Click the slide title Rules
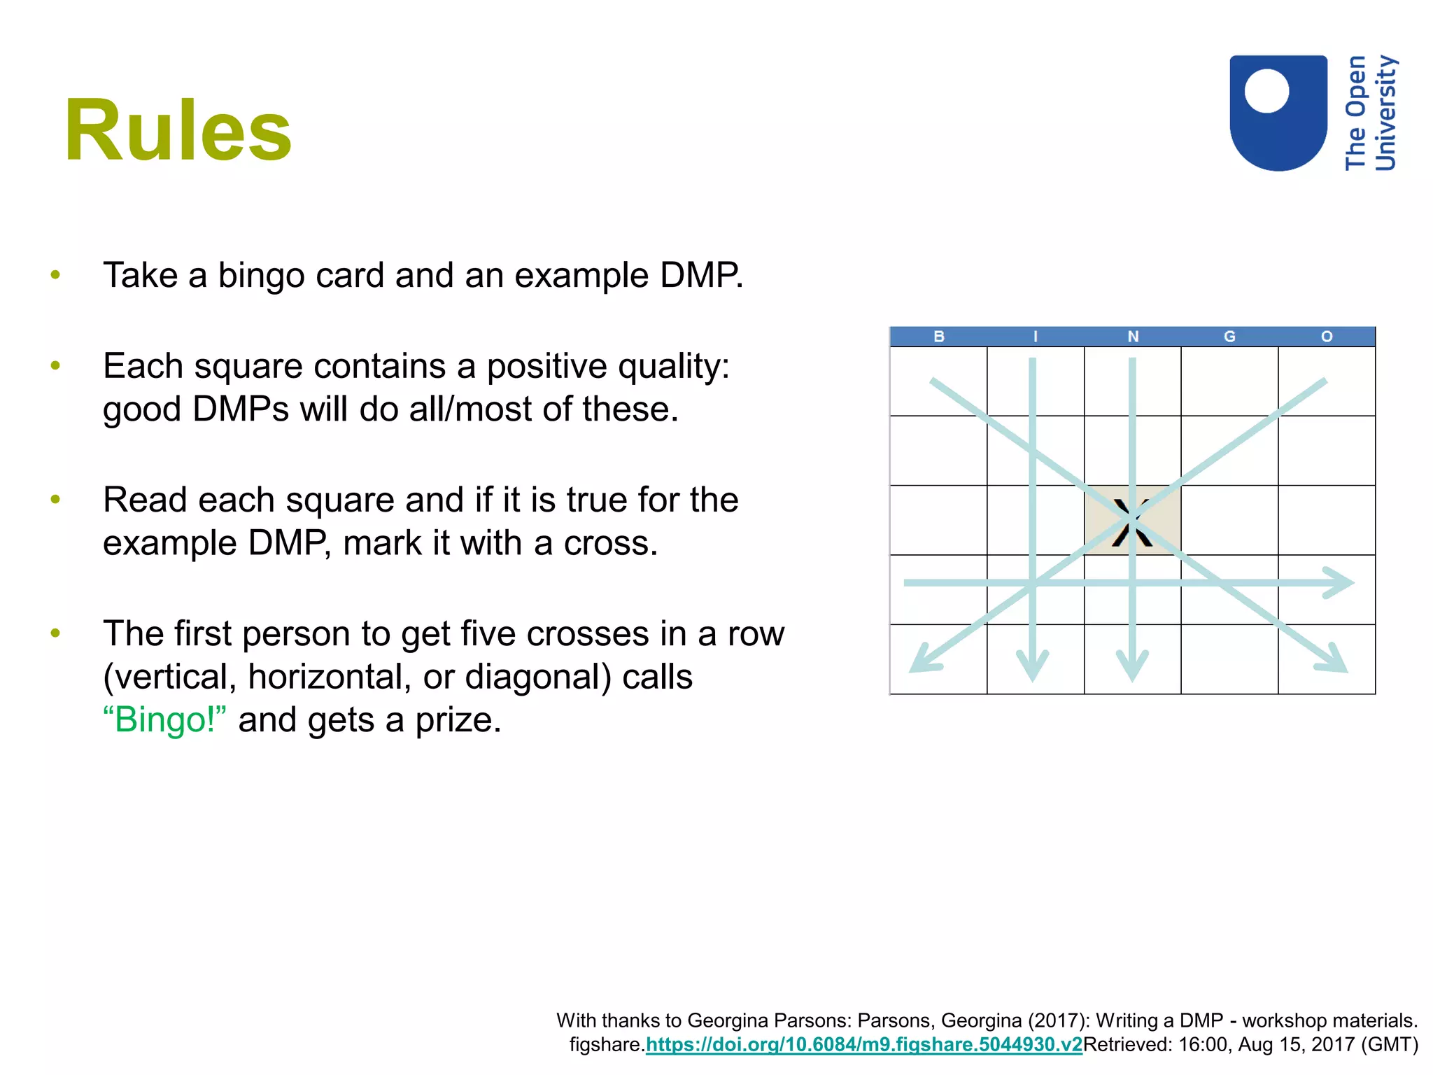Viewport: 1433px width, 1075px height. [x=178, y=131]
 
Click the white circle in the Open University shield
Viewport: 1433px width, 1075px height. [x=1266, y=90]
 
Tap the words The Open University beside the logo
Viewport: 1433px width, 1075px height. [x=1370, y=113]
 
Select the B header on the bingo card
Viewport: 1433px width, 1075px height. [x=939, y=337]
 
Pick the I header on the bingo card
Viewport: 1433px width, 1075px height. [x=1036, y=337]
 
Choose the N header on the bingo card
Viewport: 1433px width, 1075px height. [x=1133, y=337]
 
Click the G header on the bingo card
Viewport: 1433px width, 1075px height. [x=1229, y=337]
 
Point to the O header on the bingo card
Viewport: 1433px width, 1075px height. [x=1327, y=337]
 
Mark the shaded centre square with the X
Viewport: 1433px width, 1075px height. [x=1132, y=521]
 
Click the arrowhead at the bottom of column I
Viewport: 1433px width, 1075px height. [x=1033, y=668]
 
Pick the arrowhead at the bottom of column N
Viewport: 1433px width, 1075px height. [x=1132, y=668]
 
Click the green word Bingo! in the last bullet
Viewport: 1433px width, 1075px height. [x=165, y=720]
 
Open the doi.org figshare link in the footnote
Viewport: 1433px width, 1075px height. [x=863, y=1045]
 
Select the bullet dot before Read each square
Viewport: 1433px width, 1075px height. [x=56, y=500]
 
